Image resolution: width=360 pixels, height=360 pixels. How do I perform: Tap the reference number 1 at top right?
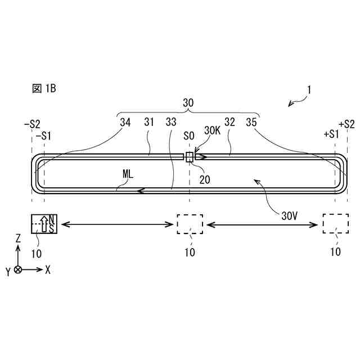point(309,89)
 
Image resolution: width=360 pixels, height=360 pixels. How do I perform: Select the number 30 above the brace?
point(188,103)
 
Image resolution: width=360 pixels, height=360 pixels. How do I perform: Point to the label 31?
point(149,121)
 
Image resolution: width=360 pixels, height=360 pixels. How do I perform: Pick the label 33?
point(171,121)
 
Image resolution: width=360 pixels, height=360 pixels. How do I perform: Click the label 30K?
point(212,130)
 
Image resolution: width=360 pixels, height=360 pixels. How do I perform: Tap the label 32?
point(229,121)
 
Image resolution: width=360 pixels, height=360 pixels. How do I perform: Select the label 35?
point(251,121)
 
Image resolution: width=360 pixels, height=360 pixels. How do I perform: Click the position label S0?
point(189,136)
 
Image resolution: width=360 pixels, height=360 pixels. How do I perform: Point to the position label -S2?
point(32,124)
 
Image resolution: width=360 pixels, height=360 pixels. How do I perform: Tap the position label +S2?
point(346,124)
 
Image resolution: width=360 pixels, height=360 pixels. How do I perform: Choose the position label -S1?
point(43,136)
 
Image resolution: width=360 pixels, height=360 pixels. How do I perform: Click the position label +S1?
point(332,136)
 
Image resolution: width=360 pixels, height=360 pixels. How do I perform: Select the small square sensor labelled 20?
point(190,157)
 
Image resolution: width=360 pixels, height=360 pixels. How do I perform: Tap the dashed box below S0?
point(190,224)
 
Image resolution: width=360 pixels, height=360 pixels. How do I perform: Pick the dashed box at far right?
point(335,224)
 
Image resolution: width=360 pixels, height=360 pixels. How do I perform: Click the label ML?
point(128,174)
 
